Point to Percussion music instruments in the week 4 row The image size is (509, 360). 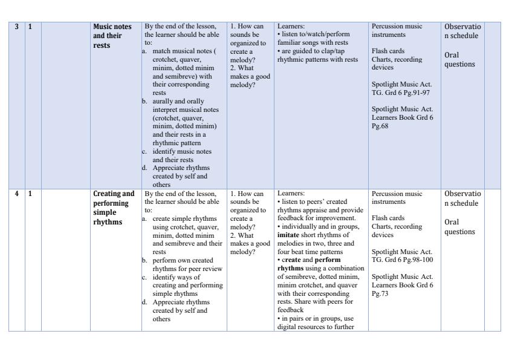398,197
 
